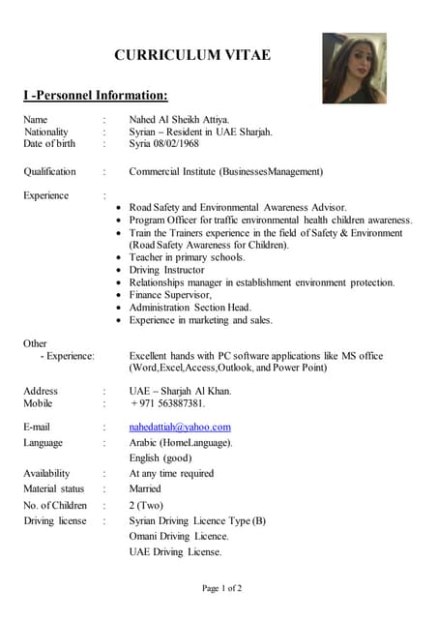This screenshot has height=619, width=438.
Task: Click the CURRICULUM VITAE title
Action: point(192,55)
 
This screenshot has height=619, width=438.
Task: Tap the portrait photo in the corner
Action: point(354,68)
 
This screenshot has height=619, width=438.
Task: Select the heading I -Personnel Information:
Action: point(96,95)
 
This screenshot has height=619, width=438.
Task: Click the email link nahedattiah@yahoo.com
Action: point(180,427)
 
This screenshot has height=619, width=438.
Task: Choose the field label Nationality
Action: point(46,132)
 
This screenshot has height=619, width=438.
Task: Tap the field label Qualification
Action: point(49,172)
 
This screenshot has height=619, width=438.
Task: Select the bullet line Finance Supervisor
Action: point(170,295)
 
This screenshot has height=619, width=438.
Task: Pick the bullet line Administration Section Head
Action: point(190,308)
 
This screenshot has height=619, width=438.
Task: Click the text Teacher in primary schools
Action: point(188,257)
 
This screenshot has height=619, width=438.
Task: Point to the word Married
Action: point(145,489)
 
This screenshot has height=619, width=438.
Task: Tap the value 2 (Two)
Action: point(146,505)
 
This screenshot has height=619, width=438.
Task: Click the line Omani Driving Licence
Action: point(179,536)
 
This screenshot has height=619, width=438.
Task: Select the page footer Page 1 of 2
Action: point(221,587)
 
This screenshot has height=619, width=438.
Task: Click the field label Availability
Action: point(46,474)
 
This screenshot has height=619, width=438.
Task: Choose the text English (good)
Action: point(161,457)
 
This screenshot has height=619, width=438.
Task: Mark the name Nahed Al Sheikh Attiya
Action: point(180,119)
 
